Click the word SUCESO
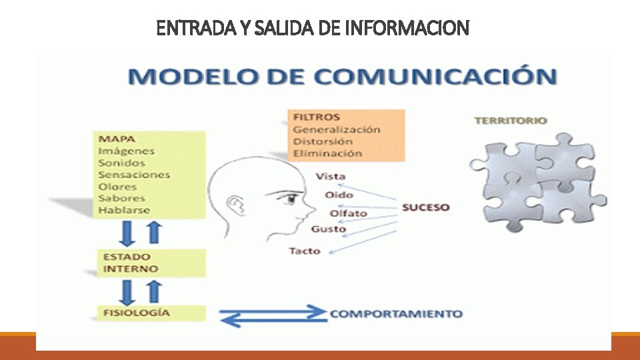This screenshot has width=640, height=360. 425,207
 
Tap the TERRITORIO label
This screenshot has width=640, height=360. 511,121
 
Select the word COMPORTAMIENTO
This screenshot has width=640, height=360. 396,313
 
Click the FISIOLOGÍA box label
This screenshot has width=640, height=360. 136,313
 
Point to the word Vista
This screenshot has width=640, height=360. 330,177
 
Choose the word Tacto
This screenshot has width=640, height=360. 305,251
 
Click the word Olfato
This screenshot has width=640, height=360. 348,213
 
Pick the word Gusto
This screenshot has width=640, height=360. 328,229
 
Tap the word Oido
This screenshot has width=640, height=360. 339,195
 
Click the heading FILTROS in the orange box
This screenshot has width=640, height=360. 317,117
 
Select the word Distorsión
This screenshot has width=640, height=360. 323,141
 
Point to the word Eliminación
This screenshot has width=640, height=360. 327,153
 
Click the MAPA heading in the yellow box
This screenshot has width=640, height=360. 117,139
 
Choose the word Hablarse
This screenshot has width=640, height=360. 124,210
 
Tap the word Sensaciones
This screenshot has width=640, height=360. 134,175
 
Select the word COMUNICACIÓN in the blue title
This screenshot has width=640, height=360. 435,76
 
